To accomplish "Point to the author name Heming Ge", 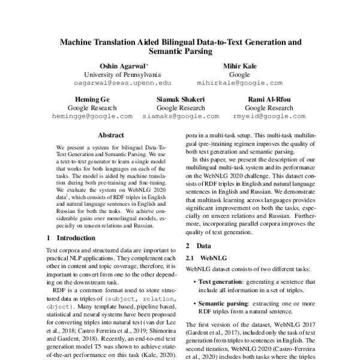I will [92, 98].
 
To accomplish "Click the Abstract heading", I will [110, 136].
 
